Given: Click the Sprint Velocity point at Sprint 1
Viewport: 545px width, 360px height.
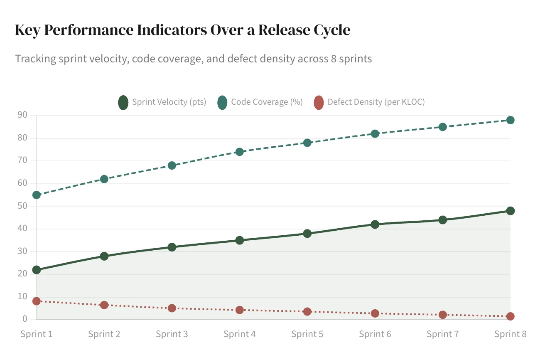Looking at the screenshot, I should (37, 270).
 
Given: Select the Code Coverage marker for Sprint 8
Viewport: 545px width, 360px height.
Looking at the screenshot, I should (511, 120).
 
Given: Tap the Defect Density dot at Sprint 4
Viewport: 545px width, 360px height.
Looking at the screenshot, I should (240, 310).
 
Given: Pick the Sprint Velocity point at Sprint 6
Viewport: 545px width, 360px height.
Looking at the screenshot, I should (375, 224).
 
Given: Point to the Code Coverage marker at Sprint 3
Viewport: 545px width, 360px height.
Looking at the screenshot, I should (172, 165).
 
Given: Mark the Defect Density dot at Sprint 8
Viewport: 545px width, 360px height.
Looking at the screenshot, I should (511, 316).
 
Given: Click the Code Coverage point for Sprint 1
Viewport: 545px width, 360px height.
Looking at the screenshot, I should (37, 195).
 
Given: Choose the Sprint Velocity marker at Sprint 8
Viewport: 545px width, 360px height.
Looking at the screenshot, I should (511, 211).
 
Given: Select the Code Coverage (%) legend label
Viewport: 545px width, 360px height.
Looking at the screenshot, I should (267, 102).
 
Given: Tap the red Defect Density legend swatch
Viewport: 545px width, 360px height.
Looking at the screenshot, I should (319, 102).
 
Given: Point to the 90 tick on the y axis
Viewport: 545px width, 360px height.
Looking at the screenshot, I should (22, 115).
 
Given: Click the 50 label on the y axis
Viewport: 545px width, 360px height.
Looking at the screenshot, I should (22, 206).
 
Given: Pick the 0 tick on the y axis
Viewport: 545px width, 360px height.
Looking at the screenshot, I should (25, 319).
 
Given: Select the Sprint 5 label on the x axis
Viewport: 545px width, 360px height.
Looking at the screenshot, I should (307, 334).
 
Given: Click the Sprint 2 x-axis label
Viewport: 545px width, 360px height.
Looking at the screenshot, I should (104, 334).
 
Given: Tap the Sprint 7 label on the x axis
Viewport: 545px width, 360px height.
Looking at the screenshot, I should (443, 334).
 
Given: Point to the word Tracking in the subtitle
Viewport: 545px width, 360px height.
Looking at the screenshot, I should (35, 59).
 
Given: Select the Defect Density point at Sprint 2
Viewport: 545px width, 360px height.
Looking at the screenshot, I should (104, 305).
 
